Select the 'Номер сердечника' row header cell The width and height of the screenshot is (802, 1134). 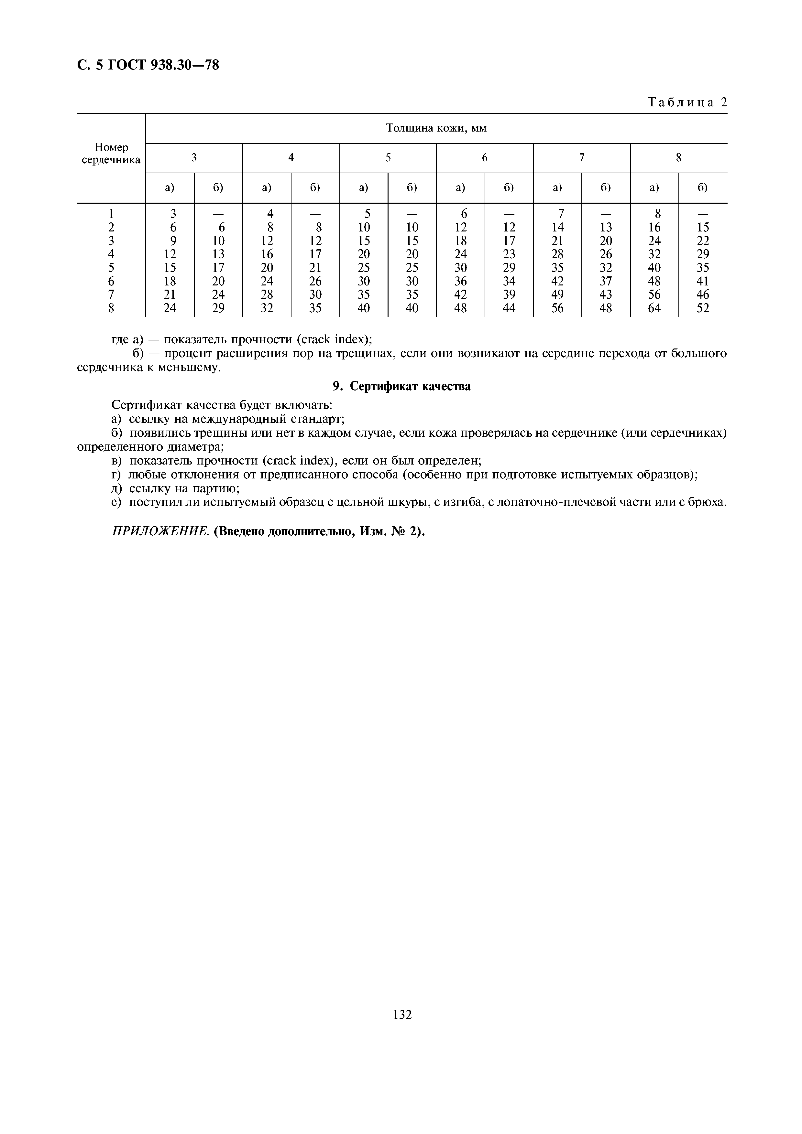(111, 154)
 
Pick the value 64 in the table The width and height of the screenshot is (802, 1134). (654, 308)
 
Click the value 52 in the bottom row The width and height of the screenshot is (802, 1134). (703, 308)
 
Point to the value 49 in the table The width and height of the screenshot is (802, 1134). (557, 295)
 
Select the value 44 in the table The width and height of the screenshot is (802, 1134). (509, 308)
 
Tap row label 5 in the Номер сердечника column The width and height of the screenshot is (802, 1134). (111, 268)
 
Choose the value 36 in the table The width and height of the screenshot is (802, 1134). (461, 281)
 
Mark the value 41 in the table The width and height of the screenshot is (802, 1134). (703, 281)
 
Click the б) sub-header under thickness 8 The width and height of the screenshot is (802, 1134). (703, 188)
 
